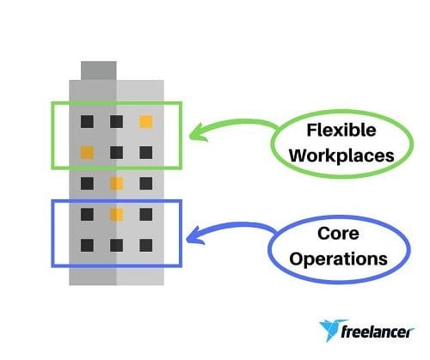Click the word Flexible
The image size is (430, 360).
(341, 130)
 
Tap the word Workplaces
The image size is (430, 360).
(341, 156)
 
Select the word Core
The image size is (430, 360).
(338, 234)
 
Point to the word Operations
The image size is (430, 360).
(338, 259)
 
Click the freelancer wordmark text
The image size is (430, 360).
(377, 332)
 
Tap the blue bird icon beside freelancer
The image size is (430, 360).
(330, 330)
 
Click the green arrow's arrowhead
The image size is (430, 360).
(198, 133)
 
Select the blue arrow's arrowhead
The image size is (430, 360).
(195, 236)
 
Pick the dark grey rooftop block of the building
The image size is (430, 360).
(99, 70)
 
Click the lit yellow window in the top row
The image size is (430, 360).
(146, 121)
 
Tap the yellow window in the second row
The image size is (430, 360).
(87, 152)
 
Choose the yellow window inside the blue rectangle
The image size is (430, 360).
(117, 215)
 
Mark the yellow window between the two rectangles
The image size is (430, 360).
(117, 183)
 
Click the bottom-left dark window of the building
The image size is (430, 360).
(87, 246)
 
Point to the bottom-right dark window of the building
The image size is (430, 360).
(146, 246)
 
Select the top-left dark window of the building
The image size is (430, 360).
(87, 121)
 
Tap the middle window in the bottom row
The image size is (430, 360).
(117, 246)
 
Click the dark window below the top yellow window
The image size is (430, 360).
(146, 152)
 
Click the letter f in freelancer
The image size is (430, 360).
(345, 332)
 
